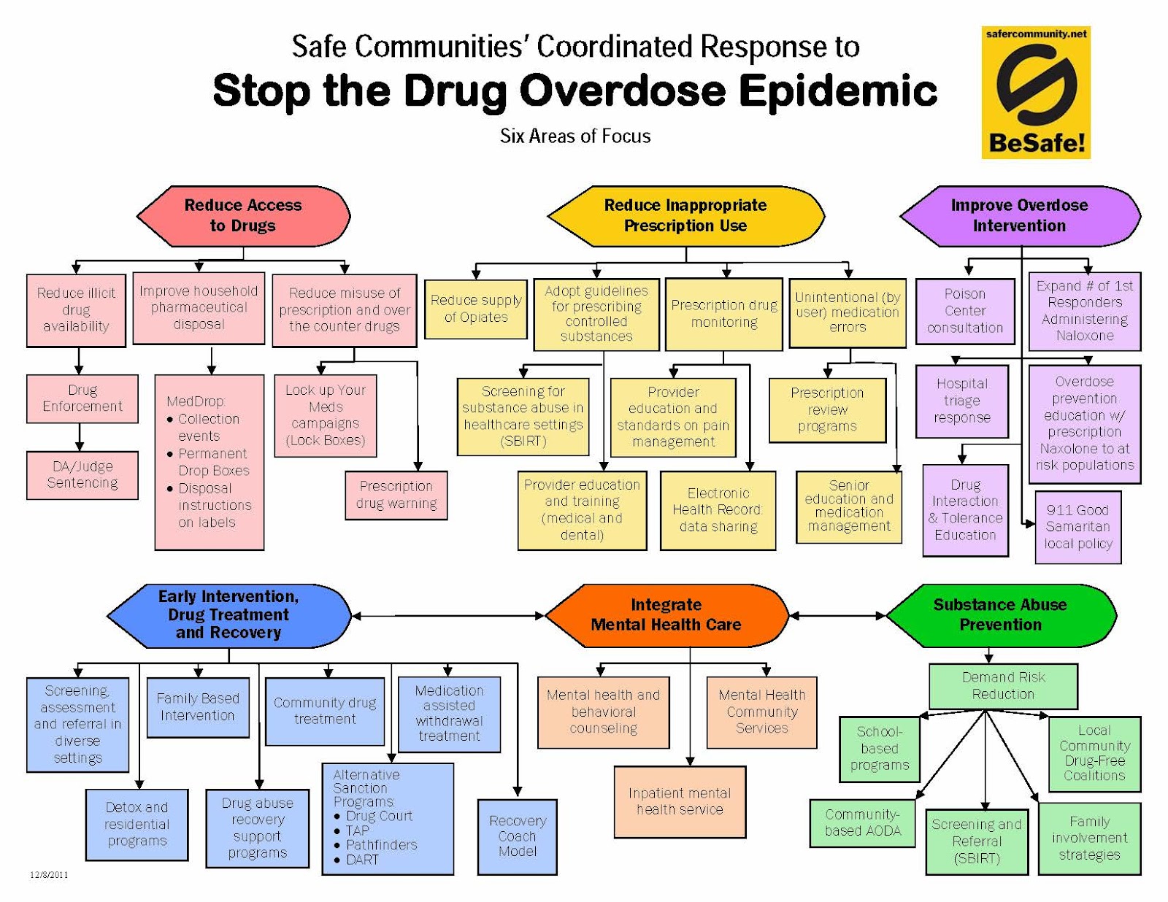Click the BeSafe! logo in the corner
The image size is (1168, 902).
click(1035, 93)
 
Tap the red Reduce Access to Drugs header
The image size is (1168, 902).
click(243, 216)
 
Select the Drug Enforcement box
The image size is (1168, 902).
click(82, 398)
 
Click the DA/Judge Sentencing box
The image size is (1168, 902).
click(82, 475)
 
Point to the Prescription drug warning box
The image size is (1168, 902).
click(396, 495)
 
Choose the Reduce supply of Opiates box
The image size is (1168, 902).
click(475, 309)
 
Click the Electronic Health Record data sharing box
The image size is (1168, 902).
click(718, 510)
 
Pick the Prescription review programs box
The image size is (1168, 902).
click(827, 409)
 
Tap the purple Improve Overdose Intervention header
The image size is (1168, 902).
click(1019, 216)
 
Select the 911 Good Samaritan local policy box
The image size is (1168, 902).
click(1077, 527)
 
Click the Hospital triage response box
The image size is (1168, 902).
click(962, 401)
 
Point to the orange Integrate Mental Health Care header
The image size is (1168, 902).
click(666, 615)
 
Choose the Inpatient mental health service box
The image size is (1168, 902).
click(680, 801)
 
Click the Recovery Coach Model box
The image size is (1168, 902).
click(517, 836)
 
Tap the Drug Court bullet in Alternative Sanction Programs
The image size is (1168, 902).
click(378, 816)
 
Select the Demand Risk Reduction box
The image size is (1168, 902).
click(1003, 686)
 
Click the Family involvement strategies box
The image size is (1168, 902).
click(1089, 839)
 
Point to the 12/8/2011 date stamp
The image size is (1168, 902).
click(49, 874)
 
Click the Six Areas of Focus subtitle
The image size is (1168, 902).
click(575, 136)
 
